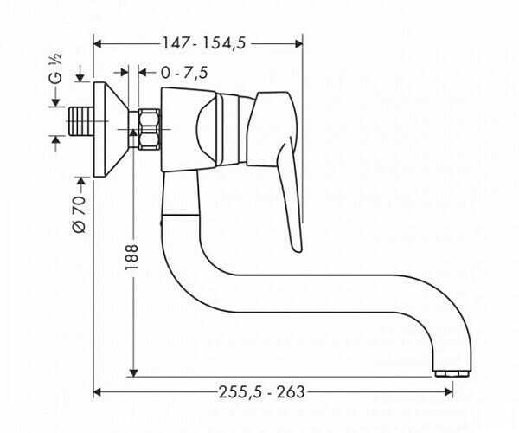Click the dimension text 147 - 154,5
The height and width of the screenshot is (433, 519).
(199, 41)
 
